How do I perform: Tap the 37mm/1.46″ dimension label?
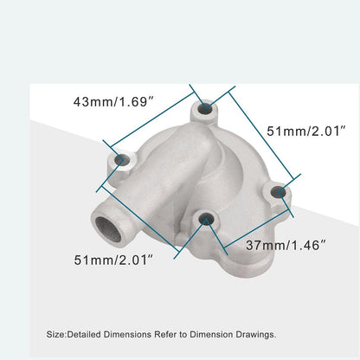(285, 245)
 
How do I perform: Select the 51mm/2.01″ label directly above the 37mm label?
(305, 131)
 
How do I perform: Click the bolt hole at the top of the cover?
(205, 109)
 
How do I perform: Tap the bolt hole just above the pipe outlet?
(121, 160)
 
